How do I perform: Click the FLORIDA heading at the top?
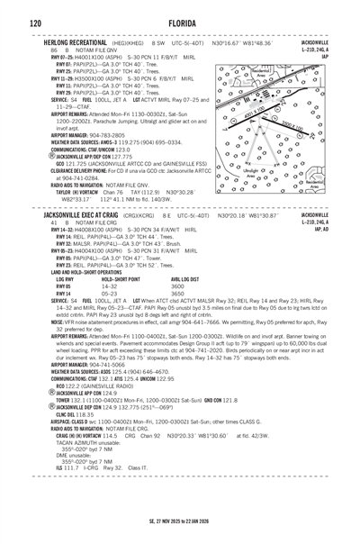point(180,20)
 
